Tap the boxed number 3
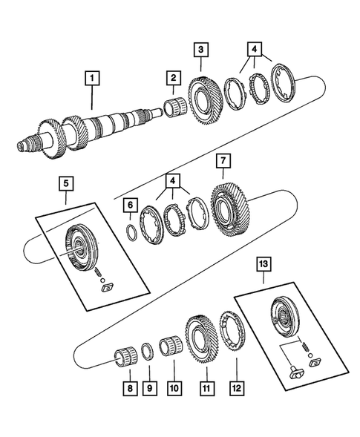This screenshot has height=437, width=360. click(202, 50)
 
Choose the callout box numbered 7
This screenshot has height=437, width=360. click(222, 160)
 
